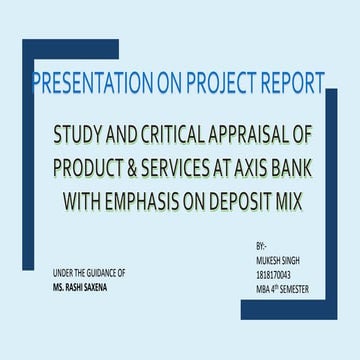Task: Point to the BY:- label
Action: click(261, 243)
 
